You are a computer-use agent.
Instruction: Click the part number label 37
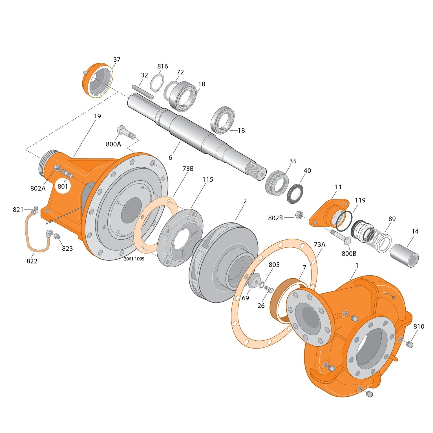pyautogui.click(x=117, y=60)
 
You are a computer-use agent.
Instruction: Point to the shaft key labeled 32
pyautogui.click(x=143, y=92)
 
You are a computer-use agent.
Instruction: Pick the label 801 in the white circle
pyautogui.click(x=63, y=186)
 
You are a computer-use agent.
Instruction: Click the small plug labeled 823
pyautogui.click(x=57, y=236)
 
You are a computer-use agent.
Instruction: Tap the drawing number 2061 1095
pyautogui.click(x=134, y=259)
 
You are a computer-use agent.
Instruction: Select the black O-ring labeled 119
pyautogui.click(x=344, y=221)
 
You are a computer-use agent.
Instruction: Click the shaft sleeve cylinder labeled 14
pyautogui.click(x=404, y=255)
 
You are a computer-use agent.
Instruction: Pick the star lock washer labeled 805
pyautogui.click(x=262, y=285)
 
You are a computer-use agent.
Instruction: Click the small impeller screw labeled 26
pyautogui.click(x=269, y=289)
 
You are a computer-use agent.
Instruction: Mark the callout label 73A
pyautogui.click(x=319, y=245)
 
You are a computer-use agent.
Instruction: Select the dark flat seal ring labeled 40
pyautogui.click(x=295, y=194)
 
